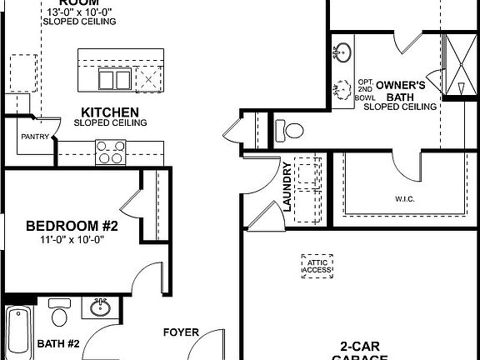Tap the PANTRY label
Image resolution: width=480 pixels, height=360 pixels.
pos(35,137)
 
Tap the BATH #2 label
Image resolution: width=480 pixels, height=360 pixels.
pos(58,343)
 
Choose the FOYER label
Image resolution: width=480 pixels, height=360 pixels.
pos(180,332)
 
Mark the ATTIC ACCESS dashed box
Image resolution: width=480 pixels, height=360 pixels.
pos(316,264)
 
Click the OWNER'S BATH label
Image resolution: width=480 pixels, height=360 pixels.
pos(401,91)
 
